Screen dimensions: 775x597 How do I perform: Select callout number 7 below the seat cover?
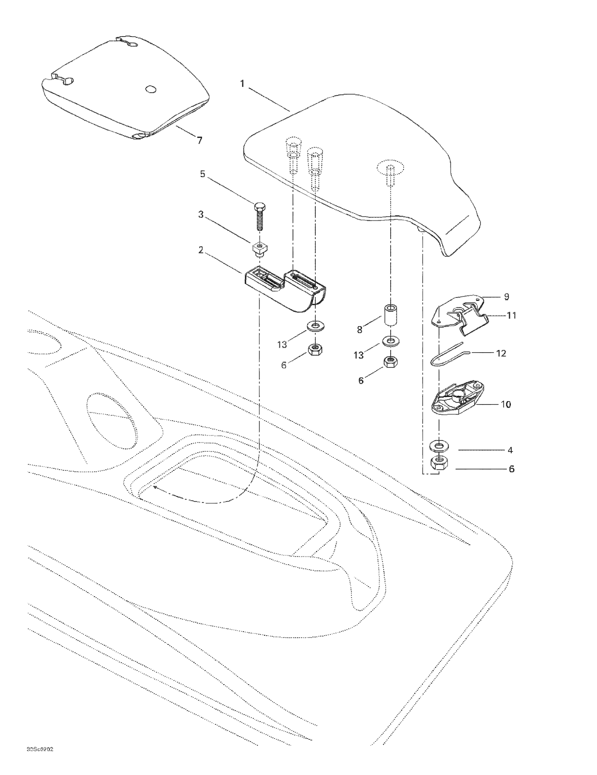200,141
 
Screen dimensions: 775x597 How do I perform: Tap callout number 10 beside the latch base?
506,404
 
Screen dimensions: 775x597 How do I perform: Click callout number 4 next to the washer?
510,450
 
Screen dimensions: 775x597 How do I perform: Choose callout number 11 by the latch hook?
511,315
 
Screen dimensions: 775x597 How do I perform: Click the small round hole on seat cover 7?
151,89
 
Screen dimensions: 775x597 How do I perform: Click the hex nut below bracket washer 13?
314,350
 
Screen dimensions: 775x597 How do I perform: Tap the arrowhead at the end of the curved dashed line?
155,488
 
